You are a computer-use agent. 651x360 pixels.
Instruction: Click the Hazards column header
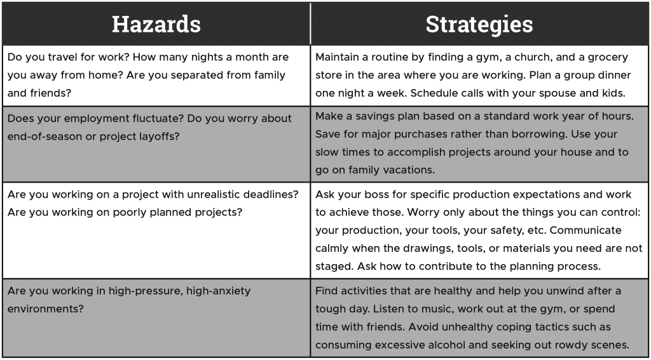click(x=156, y=24)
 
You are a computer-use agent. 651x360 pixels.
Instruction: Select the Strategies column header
click(x=479, y=24)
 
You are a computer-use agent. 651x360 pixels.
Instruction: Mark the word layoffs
click(x=160, y=137)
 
